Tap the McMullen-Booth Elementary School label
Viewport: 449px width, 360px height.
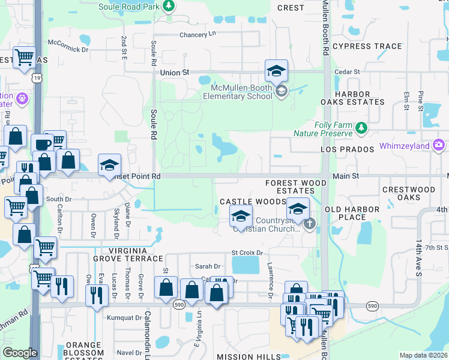tap(237, 91)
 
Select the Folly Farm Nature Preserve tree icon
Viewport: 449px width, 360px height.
tap(361, 127)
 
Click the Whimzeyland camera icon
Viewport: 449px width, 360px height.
tap(439, 145)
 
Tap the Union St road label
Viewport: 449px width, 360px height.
tap(175, 72)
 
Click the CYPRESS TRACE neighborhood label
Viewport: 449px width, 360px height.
tap(367, 46)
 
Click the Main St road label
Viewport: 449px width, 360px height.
tap(346, 176)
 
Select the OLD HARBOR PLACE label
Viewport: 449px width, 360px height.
tap(352, 213)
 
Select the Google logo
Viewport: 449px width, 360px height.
tap(20, 353)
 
